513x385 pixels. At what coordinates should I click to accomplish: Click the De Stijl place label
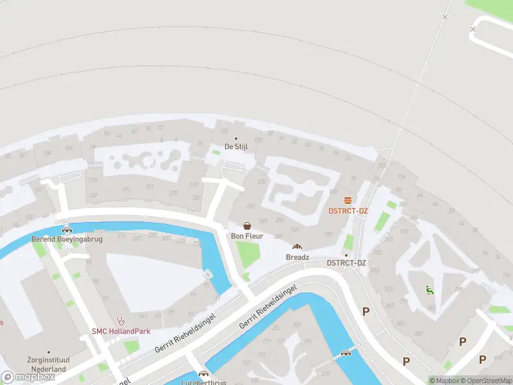pyautogui.click(x=235, y=147)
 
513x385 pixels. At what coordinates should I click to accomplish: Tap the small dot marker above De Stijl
pyautogui.click(x=235, y=138)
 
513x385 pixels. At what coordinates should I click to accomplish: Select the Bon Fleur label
pyautogui.click(x=247, y=236)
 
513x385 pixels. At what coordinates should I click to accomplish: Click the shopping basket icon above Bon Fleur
pyautogui.click(x=248, y=226)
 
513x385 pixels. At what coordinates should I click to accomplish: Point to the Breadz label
pyautogui.click(x=298, y=257)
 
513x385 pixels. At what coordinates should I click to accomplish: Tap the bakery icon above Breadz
pyautogui.click(x=297, y=246)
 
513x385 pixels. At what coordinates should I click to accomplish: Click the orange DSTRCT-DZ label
pyautogui.click(x=348, y=211)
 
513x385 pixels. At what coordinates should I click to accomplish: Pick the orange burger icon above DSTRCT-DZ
pyautogui.click(x=348, y=200)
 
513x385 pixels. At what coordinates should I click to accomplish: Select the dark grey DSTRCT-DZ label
pyautogui.click(x=346, y=263)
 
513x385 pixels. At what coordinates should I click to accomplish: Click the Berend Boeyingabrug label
pyautogui.click(x=67, y=239)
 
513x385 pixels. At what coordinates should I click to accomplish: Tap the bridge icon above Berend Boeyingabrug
pyautogui.click(x=67, y=229)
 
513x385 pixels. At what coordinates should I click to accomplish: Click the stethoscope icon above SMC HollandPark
pyautogui.click(x=120, y=320)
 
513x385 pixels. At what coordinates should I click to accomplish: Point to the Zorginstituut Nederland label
pyautogui.click(x=46, y=365)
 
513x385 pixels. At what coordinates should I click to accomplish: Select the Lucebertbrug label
pyautogui.click(x=204, y=382)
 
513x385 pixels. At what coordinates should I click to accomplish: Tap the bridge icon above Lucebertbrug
pyautogui.click(x=204, y=373)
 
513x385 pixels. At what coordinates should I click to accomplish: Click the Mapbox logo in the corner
pyautogui.click(x=28, y=377)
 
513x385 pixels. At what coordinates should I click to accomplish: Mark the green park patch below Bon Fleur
pyautogui.click(x=248, y=255)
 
